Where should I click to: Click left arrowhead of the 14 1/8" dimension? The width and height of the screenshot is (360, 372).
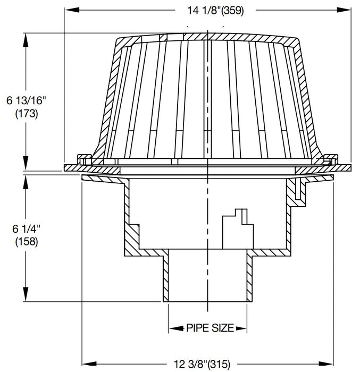68,9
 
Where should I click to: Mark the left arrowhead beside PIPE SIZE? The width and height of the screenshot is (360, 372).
173,327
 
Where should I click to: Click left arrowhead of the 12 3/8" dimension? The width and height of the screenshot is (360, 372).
85,364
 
